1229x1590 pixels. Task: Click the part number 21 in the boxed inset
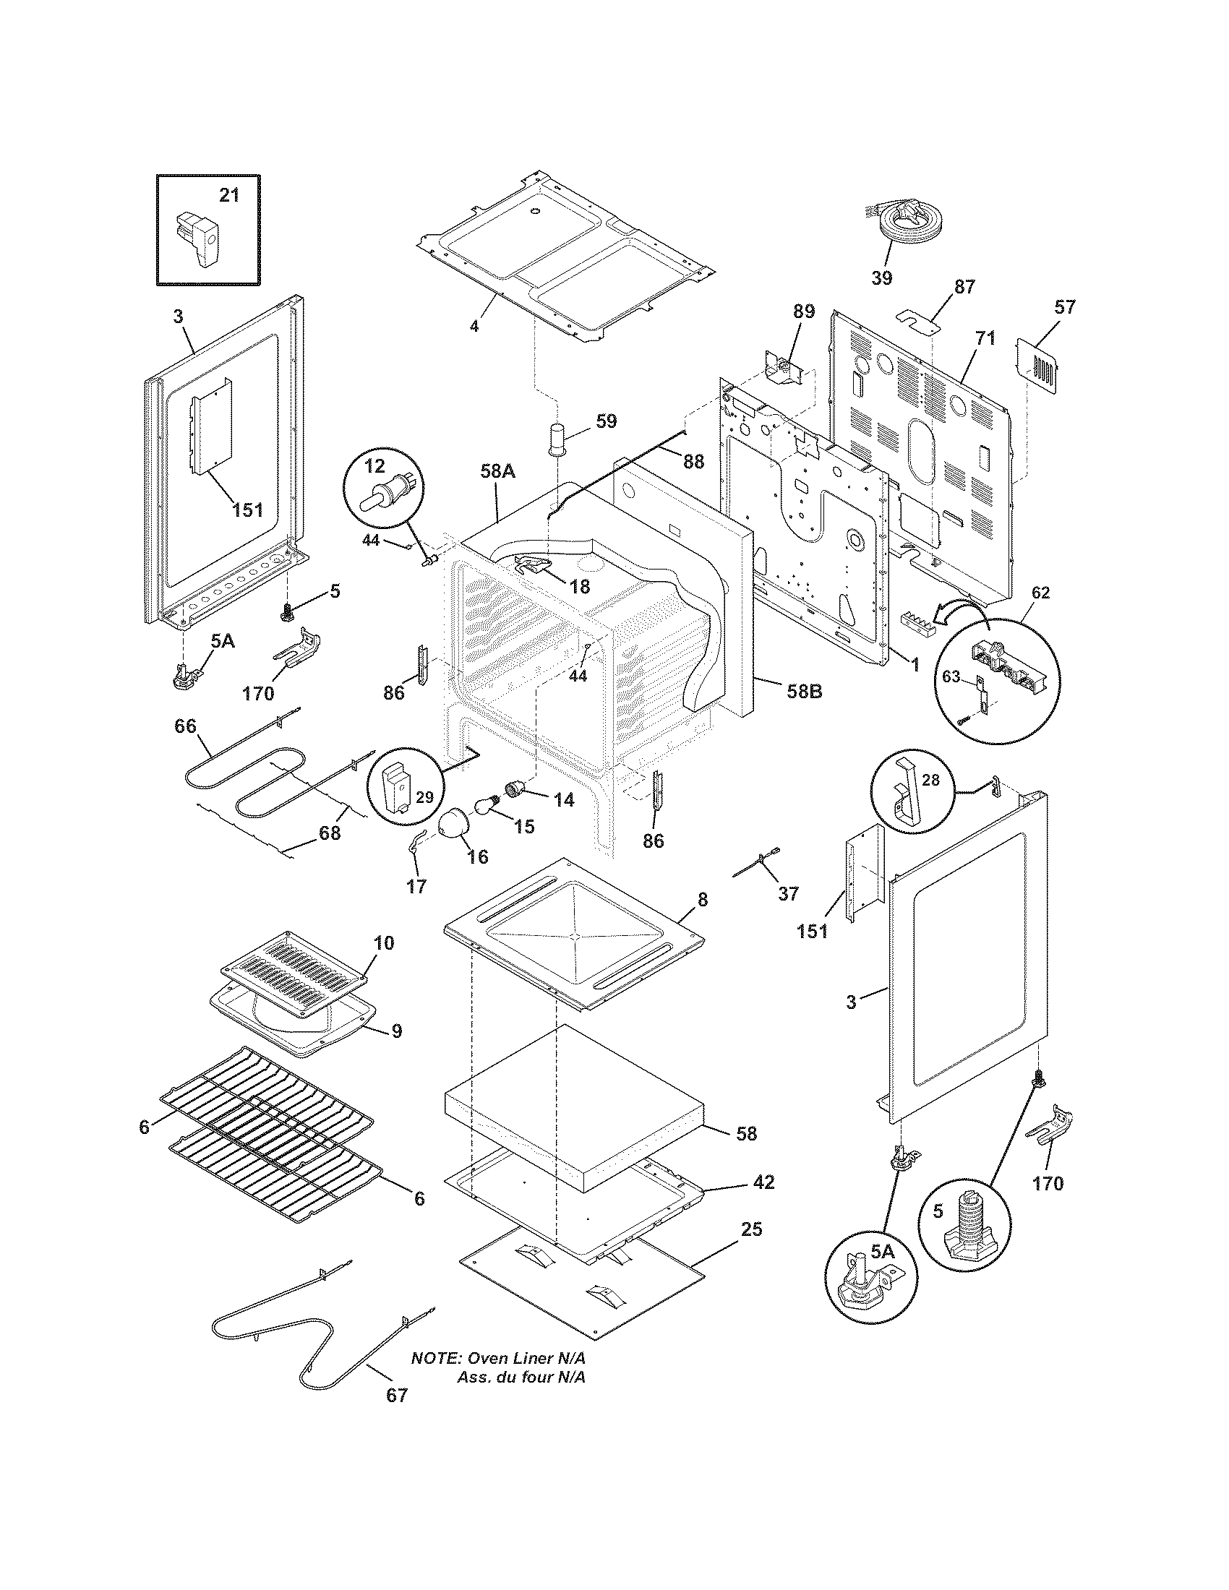pyautogui.click(x=228, y=195)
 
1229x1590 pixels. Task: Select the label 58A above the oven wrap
pyautogui.click(x=497, y=471)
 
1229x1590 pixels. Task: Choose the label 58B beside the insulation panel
pyautogui.click(x=803, y=691)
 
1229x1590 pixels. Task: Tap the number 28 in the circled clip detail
pyautogui.click(x=930, y=781)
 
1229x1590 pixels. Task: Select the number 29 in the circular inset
pyautogui.click(x=424, y=797)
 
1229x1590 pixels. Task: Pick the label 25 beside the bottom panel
pyautogui.click(x=751, y=1229)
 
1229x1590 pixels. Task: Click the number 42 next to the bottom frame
pyautogui.click(x=763, y=1182)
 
